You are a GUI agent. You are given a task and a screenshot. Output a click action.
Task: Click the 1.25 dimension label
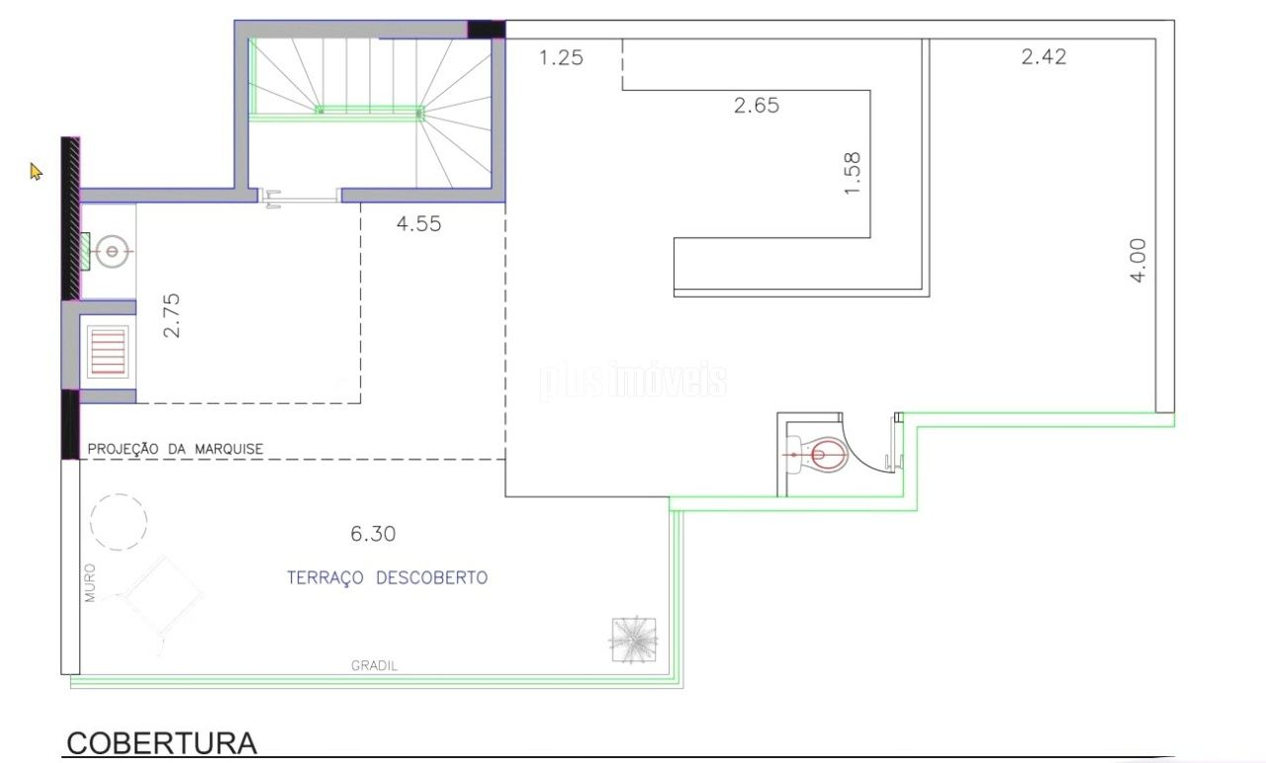[561, 57]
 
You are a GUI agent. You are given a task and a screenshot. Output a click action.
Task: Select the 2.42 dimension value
[1043, 56]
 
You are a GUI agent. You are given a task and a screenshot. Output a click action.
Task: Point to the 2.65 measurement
[757, 105]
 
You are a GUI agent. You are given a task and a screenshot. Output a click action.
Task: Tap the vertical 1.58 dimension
[852, 173]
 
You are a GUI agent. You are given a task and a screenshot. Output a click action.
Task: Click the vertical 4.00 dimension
[1137, 260]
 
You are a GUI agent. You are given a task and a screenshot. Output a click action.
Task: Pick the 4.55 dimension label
[418, 223]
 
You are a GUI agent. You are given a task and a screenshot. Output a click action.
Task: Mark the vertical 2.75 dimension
[171, 315]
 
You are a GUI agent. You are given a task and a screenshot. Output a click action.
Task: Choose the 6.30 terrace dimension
[373, 534]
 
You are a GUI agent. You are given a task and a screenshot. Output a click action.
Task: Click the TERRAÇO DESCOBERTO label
[387, 578]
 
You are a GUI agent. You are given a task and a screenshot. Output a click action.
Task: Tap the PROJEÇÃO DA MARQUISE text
[175, 449]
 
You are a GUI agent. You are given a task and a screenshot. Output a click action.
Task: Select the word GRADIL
[374, 666]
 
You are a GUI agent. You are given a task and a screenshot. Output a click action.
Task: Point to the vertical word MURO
[90, 582]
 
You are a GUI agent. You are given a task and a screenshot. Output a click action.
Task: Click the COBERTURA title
[161, 743]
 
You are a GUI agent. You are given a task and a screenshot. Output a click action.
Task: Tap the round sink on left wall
[112, 251]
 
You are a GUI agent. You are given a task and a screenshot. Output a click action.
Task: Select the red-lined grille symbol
[108, 352]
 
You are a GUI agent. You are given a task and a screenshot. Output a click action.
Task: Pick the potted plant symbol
[634, 639]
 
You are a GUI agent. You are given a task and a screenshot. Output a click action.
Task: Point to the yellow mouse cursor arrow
[36, 172]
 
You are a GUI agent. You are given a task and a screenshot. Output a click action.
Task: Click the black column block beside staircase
[486, 30]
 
